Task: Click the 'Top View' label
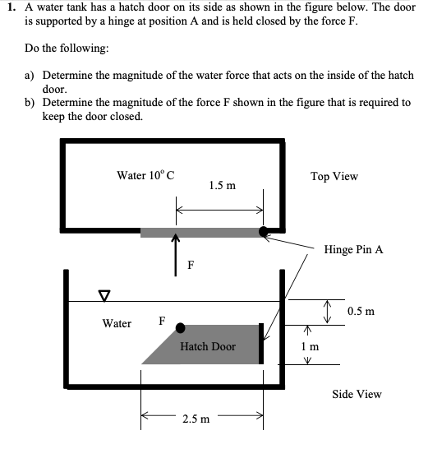click(x=334, y=177)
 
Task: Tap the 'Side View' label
click(x=357, y=394)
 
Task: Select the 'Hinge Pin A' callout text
click(x=353, y=248)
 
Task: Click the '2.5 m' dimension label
click(x=195, y=419)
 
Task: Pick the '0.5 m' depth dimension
click(x=361, y=312)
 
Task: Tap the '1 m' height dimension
click(x=311, y=347)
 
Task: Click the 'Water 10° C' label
click(x=145, y=175)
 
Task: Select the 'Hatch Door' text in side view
click(x=207, y=346)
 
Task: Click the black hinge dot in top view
click(x=264, y=232)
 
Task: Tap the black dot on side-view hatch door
click(x=180, y=328)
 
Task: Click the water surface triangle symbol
click(x=104, y=294)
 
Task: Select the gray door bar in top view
click(x=201, y=233)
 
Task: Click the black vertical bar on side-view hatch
click(x=261, y=344)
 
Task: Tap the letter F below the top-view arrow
click(x=191, y=265)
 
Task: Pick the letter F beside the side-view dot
click(x=161, y=320)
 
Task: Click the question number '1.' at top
click(x=11, y=9)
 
